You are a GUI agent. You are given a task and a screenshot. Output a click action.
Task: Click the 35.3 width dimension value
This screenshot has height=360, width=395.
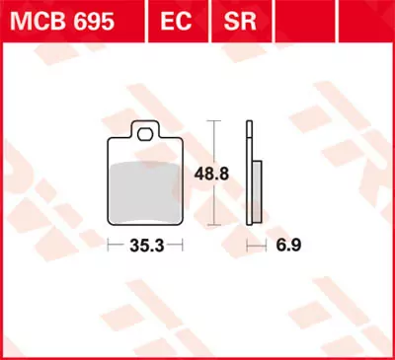[x=145, y=243]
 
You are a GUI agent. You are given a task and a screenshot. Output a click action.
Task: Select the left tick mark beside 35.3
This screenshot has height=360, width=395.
[x=108, y=243]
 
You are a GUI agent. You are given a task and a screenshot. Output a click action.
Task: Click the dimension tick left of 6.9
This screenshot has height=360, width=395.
[x=249, y=243]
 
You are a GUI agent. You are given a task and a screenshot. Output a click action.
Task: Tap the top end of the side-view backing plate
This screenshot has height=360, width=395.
[x=249, y=122]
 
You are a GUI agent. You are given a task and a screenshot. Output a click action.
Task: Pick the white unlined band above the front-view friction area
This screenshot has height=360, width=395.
[x=145, y=150]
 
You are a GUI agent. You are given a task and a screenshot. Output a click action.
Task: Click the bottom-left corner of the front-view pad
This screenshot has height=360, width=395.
[x=110, y=221]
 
